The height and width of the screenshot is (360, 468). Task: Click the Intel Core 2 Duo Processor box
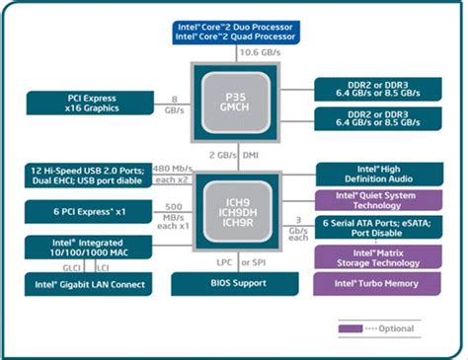tap(233, 30)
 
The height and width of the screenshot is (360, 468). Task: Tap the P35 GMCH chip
tap(233, 103)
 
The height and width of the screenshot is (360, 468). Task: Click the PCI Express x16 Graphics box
tap(87, 101)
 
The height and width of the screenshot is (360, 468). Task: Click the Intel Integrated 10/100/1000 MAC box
tap(87, 249)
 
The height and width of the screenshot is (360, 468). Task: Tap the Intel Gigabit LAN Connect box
tap(87, 285)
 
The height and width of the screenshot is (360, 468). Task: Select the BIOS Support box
tap(233, 285)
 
